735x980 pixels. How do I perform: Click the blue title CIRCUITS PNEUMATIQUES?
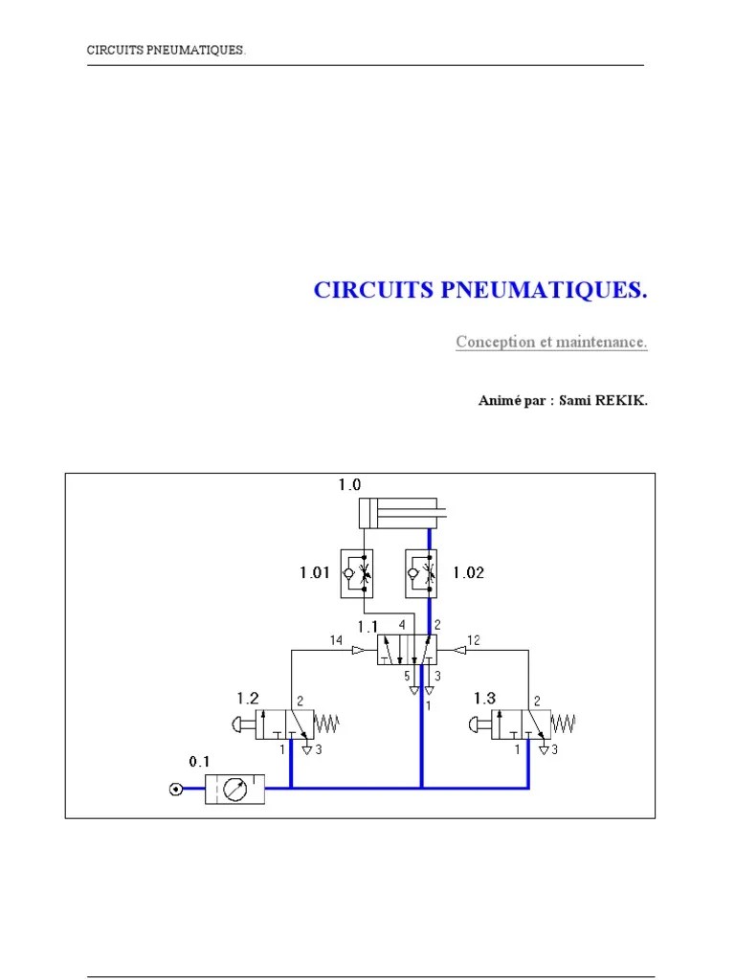(481, 291)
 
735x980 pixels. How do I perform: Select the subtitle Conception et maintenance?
(551, 342)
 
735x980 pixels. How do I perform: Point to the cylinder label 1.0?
(348, 486)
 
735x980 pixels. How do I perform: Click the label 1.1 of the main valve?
(368, 627)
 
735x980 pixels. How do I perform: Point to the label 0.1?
(199, 761)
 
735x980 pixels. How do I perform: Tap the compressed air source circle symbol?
(175, 789)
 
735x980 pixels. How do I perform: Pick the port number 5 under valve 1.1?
(407, 676)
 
